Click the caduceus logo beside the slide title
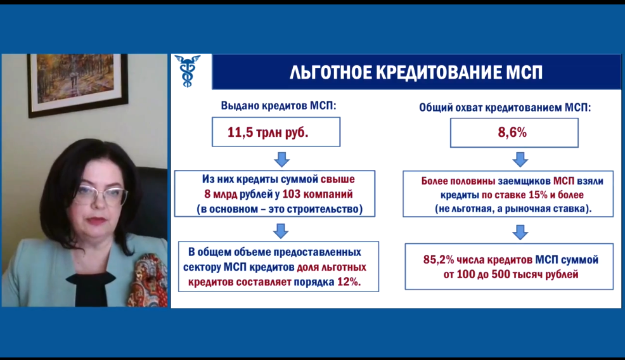tap(188, 71)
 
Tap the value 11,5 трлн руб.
tap(268, 132)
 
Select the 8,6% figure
tap(512, 132)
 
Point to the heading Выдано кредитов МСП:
tap(279, 106)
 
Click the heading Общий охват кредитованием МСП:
tap(505, 107)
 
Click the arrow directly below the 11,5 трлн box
tap(282, 159)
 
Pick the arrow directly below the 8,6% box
tap(520, 159)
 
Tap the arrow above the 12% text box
tap(281, 231)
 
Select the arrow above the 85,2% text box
tap(520, 232)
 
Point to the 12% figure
tap(348, 282)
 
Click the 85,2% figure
tap(439, 260)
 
